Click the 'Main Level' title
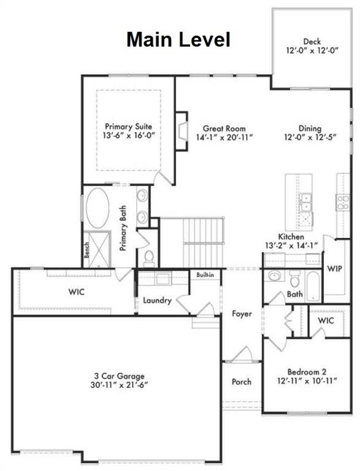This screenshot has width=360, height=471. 178,40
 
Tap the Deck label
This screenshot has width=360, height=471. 312,42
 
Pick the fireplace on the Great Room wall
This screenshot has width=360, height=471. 181,130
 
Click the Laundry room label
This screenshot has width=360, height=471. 156,301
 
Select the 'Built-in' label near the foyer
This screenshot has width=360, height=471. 205,275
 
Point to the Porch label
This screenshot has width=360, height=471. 241,381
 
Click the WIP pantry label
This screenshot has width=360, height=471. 334,269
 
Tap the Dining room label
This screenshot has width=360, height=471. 310,128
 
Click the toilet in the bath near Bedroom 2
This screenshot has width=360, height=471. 294,281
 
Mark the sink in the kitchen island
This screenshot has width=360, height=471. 305,201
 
